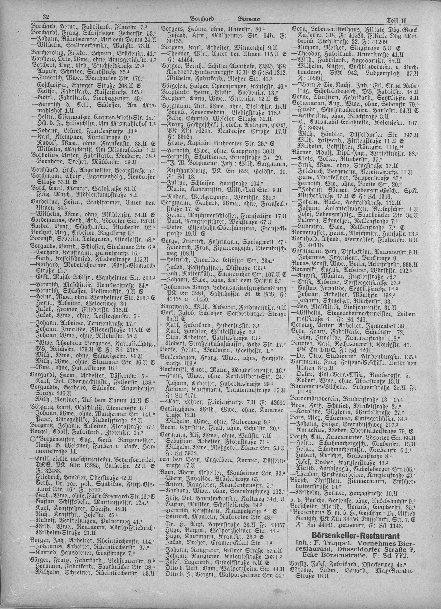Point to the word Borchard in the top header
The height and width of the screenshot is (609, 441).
(x=202, y=19)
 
